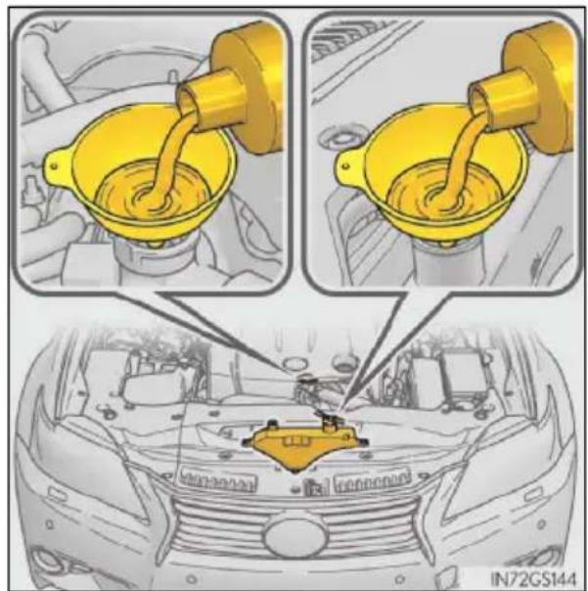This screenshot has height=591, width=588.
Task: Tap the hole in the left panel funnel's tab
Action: pos(54,165)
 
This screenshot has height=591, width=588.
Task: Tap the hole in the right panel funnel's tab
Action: pos(345,165)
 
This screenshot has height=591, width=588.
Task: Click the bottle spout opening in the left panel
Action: pos(186,99)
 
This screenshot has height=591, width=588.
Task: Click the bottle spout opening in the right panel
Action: pos(476,99)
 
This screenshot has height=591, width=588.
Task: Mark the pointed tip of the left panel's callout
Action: pos(291,371)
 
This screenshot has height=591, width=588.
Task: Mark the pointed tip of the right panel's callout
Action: pos(341,409)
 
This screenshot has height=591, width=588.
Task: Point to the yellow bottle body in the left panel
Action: pos(249,87)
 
